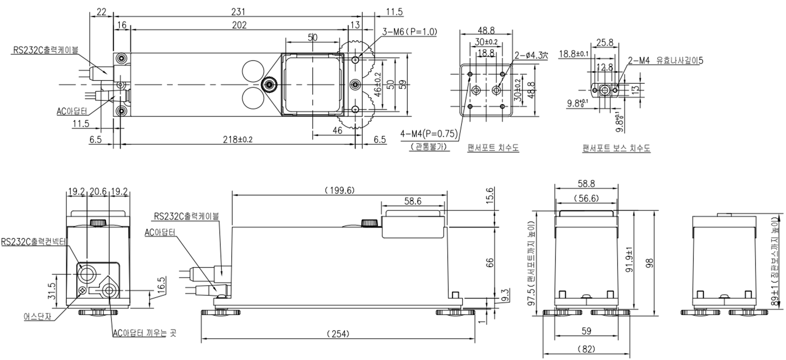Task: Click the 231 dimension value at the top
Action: point(238,12)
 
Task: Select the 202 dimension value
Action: point(239,25)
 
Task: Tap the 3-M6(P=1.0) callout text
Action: point(409,32)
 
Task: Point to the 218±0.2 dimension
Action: point(238,139)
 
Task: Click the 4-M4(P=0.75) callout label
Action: point(429,134)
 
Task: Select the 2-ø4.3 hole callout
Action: point(531,55)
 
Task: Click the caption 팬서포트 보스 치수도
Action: point(616,148)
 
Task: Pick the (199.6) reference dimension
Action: point(339,190)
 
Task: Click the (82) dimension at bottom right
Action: point(586,349)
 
